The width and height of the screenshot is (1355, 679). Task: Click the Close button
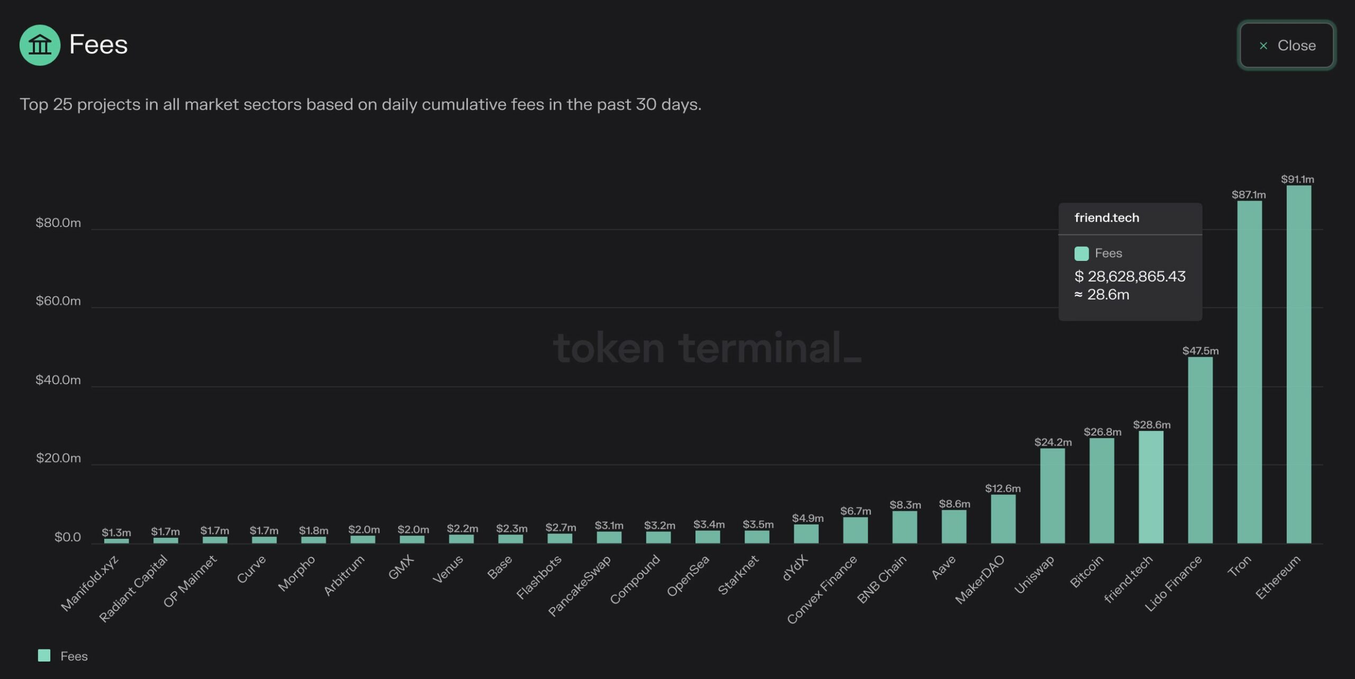tap(1286, 46)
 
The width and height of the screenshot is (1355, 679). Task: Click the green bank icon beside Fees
tap(40, 45)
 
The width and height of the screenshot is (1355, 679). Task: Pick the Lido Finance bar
tap(1200, 450)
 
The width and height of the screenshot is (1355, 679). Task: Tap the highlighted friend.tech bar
tap(1151, 487)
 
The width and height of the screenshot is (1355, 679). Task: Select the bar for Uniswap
tap(1052, 495)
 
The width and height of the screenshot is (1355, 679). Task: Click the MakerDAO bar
tap(1003, 519)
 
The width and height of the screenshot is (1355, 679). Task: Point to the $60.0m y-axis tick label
tap(58, 301)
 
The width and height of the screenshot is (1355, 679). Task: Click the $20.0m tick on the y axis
tap(58, 458)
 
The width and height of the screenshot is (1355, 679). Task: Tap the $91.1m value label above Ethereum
tap(1297, 179)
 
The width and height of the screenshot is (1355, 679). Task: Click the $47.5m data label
tap(1200, 351)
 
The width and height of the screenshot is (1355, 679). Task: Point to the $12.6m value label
tap(1002, 488)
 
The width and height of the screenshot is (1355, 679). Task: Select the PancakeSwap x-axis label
tap(580, 585)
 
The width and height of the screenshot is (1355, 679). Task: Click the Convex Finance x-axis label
tap(822, 590)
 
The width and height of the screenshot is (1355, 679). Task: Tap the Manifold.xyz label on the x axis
tap(90, 583)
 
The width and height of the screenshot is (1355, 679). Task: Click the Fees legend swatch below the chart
tap(44, 656)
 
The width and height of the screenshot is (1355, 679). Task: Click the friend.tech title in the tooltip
tap(1107, 218)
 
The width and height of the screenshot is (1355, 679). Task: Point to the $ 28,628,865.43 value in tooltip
tap(1130, 276)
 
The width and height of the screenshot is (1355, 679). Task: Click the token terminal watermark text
tap(707, 348)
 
